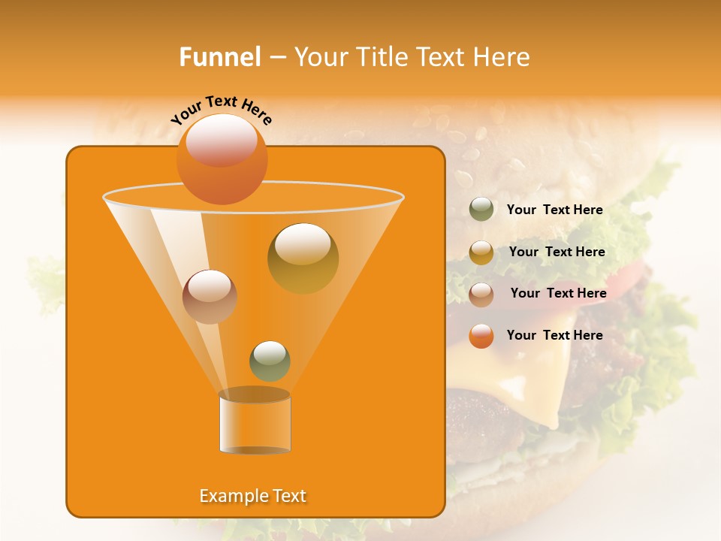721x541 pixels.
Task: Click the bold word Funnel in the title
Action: click(219, 57)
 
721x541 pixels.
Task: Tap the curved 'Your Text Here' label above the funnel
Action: click(221, 110)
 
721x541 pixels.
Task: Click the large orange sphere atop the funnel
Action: click(222, 159)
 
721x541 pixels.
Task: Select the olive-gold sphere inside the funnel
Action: click(303, 258)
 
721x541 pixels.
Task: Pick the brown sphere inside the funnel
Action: click(210, 297)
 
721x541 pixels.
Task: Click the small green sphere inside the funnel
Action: click(270, 361)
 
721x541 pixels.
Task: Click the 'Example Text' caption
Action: click(252, 496)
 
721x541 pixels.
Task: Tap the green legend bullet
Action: click(481, 210)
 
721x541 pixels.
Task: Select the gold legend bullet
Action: click(481, 252)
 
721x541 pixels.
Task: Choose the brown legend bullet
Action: click(481, 294)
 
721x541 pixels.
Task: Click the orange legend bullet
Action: click(481, 336)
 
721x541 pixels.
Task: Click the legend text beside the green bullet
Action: click(554, 210)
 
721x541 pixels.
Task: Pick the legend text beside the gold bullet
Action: click(557, 252)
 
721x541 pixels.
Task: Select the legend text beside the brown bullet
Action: click(558, 293)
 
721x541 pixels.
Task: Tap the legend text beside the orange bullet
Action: click(554, 335)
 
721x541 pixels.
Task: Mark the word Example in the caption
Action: click(231, 496)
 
